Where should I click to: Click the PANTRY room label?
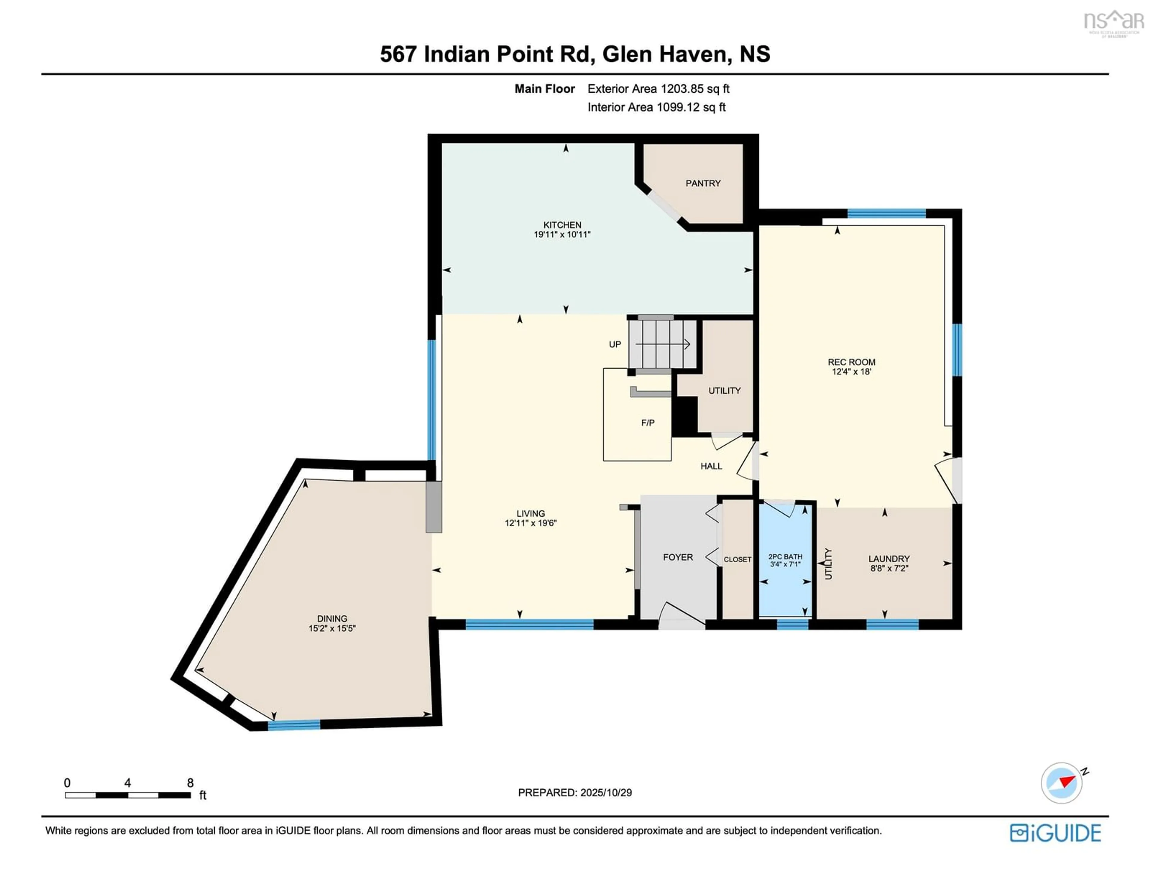pyautogui.click(x=702, y=183)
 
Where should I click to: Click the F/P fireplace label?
pyautogui.click(x=648, y=423)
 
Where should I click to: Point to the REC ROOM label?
pyautogui.click(x=851, y=362)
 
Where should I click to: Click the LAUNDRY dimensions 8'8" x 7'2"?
pyautogui.click(x=889, y=568)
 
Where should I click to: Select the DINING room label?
pyautogui.click(x=332, y=619)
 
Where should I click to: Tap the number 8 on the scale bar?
pyautogui.click(x=190, y=783)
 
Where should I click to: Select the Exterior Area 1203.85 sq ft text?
pyautogui.click(x=658, y=89)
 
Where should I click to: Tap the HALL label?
pyautogui.click(x=711, y=466)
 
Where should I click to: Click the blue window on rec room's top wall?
pyautogui.click(x=886, y=213)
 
